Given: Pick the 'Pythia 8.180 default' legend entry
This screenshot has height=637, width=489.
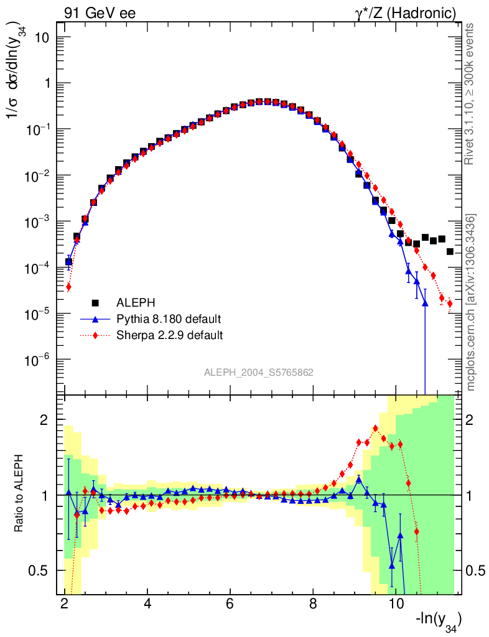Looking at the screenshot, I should point(169,319).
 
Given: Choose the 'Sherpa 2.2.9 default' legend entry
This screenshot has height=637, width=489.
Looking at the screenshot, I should point(170,335).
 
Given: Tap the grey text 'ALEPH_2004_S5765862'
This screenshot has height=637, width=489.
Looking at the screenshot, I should point(259,373).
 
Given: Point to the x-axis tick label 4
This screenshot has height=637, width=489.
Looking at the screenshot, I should point(147,604).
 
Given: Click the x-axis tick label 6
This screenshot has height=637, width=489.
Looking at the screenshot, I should point(230,604).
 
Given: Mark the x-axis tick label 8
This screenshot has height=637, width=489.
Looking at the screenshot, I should point(313,604).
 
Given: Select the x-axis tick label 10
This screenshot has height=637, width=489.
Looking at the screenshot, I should point(395,604).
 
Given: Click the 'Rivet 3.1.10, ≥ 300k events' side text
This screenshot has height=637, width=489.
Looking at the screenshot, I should point(471,93).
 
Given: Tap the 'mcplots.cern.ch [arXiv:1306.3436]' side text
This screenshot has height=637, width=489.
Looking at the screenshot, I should point(471,302).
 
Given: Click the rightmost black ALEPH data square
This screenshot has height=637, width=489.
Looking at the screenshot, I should point(450,251).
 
